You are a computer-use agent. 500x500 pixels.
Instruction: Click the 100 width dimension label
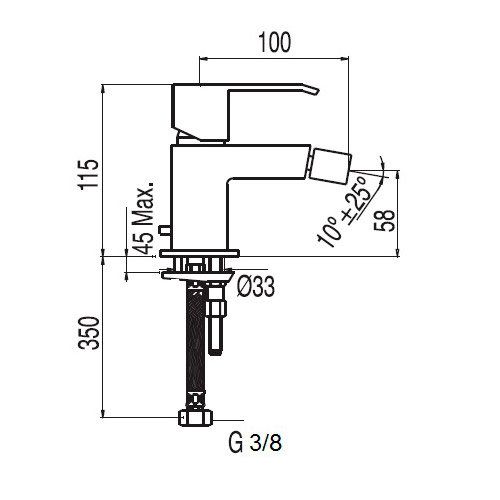coord(275,43)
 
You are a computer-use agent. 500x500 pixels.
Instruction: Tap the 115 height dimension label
coord(88,174)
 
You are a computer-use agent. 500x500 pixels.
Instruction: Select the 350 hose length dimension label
coord(89,333)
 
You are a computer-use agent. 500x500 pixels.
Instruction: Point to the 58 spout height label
coord(384,221)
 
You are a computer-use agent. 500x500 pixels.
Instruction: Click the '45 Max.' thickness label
coord(143,218)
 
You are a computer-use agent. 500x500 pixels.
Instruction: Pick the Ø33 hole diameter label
coord(256,286)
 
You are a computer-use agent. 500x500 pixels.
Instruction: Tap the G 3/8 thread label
coord(255,443)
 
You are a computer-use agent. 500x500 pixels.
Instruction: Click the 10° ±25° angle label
coord(346,212)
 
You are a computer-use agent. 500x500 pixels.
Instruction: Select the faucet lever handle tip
coord(317,91)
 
